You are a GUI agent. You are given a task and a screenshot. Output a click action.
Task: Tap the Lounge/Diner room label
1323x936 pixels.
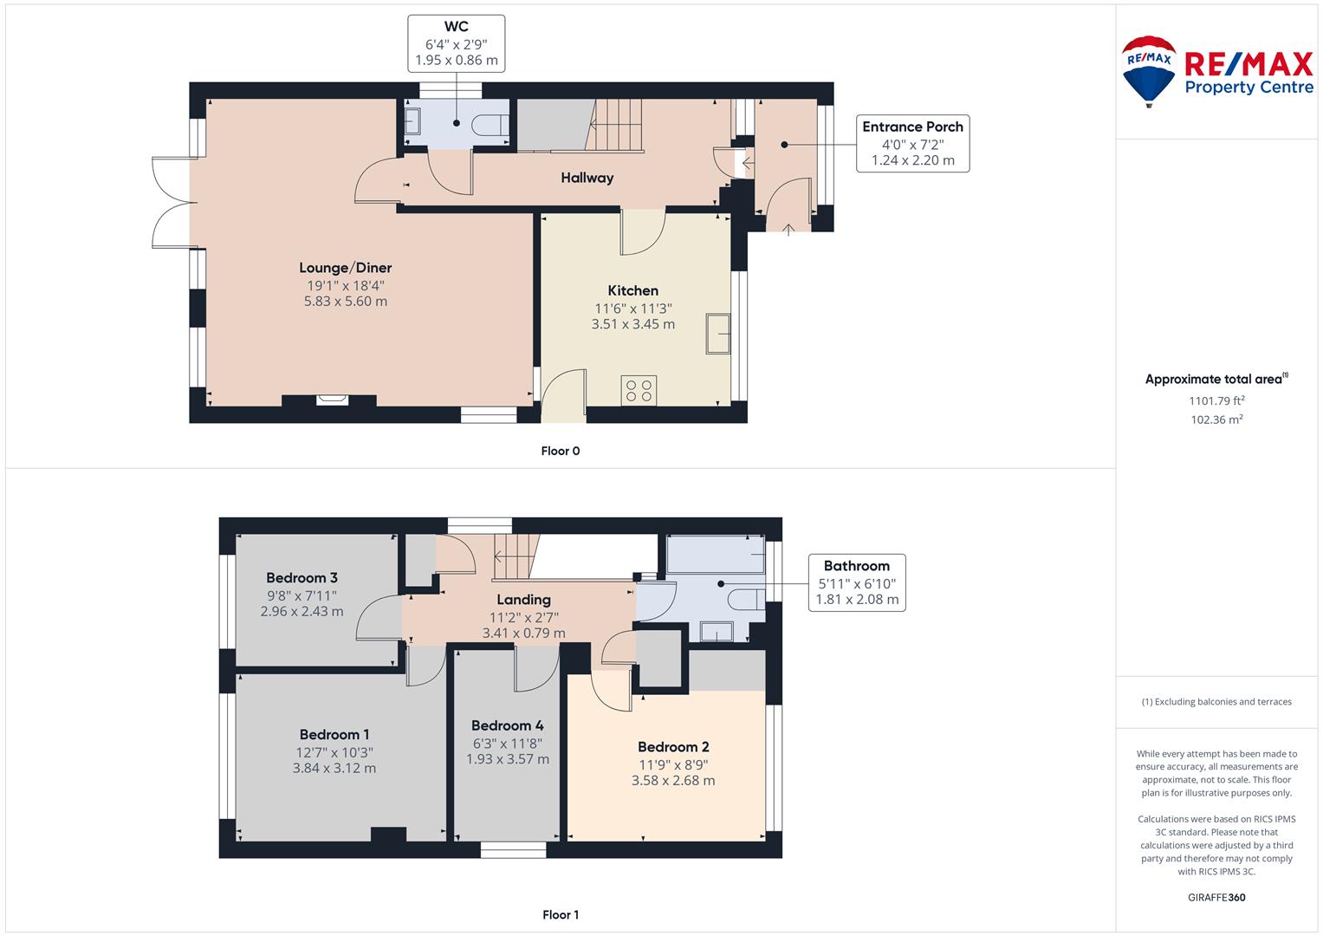[x=346, y=268]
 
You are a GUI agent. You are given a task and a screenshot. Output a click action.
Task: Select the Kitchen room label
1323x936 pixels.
[x=632, y=290]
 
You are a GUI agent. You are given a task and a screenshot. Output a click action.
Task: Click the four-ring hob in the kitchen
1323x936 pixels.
[x=639, y=391]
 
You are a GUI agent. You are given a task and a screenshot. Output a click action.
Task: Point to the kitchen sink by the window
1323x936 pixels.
[x=717, y=334]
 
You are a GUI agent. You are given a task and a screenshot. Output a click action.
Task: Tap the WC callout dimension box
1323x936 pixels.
[x=456, y=43]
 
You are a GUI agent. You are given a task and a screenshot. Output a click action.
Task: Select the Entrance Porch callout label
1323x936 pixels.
[x=912, y=127]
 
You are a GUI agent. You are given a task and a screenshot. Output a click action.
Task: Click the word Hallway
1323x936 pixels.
[x=587, y=178]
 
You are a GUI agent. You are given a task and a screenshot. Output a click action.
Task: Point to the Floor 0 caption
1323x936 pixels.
[x=561, y=451]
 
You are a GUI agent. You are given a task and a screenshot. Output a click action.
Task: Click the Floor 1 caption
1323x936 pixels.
[x=561, y=914]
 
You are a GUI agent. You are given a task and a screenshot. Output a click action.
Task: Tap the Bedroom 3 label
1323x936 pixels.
[x=302, y=578]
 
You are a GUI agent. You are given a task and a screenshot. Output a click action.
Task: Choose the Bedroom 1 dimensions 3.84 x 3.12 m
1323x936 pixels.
[x=334, y=768]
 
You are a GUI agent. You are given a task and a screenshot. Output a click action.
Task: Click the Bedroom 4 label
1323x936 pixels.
[x=508, y=725]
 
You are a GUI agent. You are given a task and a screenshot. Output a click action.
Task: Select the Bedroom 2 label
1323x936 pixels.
[x=673, y=747]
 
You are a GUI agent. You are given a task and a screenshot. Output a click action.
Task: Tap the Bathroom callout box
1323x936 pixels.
[x=856, y=582]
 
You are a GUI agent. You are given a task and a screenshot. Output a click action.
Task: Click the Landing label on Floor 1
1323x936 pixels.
[x=523, y=600]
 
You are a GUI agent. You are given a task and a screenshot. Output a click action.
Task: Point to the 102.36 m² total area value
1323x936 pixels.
[x=1216, y=419]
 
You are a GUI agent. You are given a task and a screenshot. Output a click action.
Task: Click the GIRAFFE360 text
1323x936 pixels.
[x=1216, y=897]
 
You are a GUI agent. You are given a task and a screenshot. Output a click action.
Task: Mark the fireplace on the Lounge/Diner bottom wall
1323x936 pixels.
[x=333, y=400]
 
